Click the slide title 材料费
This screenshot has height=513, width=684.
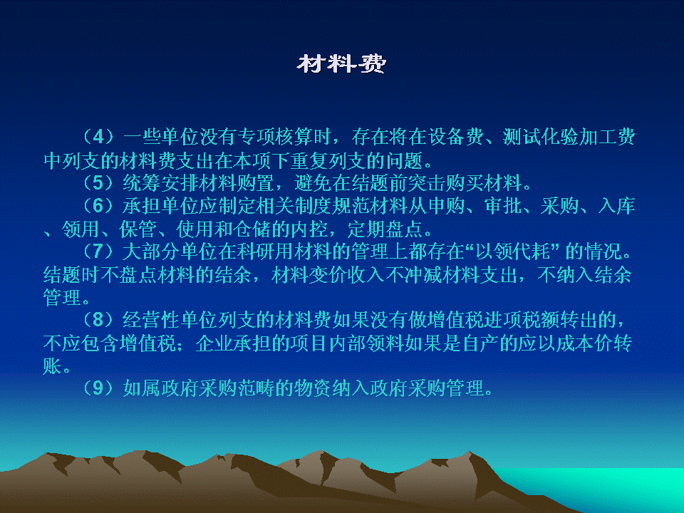pos(341,64)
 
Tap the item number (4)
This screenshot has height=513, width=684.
pos(99,137)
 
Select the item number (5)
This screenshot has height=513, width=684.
pos(99,183)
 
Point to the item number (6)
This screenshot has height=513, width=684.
pos(99,206)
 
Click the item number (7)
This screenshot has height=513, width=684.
pos(99,252)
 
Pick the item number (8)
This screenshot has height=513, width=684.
pos(99,320)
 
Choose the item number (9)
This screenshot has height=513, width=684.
pos(99,388)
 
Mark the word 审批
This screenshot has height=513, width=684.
pos(504,206)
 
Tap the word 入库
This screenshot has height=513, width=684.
pos(616,206)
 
